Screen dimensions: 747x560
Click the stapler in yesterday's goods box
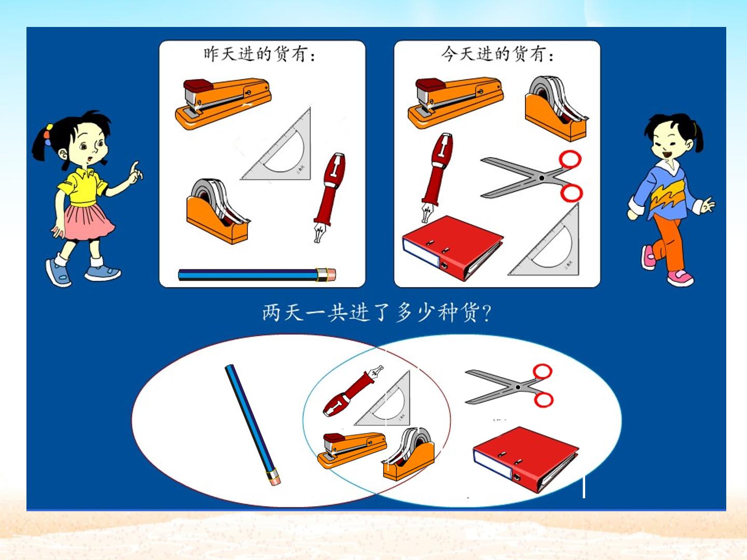point(223,103)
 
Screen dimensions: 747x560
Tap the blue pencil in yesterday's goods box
point(257,275)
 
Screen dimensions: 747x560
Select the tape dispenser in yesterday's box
point(218,211)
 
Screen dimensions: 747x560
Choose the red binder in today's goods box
point(452,248)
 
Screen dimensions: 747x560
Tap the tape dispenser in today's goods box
point(556,108)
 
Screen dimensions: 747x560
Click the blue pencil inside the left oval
point(253,425)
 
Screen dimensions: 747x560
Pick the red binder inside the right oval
point(525,459)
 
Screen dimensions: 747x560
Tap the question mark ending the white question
point(487,313)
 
